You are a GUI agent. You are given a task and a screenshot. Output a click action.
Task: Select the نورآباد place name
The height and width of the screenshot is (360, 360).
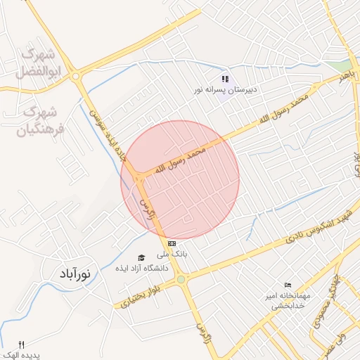coord(73,274)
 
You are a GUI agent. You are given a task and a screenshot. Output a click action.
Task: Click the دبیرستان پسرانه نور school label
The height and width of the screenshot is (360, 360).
coord(227,91)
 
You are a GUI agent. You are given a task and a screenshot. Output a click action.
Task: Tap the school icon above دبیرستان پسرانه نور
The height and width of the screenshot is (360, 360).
coord(225,79)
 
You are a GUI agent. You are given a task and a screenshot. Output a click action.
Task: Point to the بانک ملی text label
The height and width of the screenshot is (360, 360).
coord(173,254)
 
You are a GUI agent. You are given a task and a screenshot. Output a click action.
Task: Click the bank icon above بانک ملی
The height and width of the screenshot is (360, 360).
coord(172,243)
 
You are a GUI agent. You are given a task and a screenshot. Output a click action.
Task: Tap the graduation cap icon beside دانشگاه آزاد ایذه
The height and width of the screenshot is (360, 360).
coord(141,258)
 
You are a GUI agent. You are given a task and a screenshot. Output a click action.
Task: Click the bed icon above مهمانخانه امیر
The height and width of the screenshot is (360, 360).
coord(287,285)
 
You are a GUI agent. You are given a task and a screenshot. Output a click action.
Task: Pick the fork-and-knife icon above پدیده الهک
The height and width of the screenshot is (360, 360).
coord(20,345)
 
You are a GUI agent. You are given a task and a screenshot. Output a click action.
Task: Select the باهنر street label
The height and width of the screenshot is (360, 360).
coord(342,75)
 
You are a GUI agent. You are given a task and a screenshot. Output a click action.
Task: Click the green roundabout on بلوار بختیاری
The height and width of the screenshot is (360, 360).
coord(181,280)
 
